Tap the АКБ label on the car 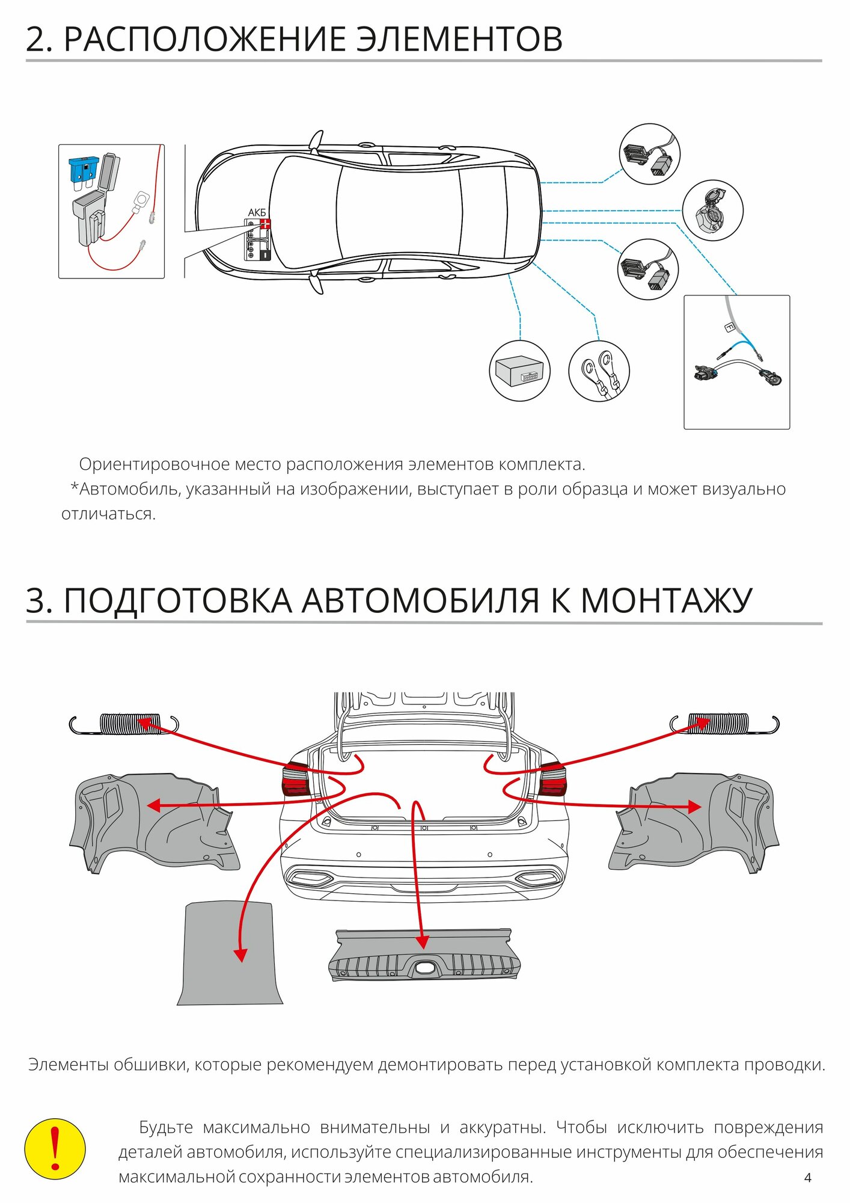point(257,213)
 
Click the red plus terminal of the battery point(264,224)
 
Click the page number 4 point(807,1177)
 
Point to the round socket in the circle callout point(712,210)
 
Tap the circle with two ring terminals point(599,371)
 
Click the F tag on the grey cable point(729,327)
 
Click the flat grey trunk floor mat point(230,954)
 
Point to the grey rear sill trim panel point(423,955)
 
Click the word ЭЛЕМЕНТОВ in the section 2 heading point(460,40)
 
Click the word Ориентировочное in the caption point(154,464)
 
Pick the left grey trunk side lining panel point(153,821)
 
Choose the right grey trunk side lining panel point(694,821)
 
